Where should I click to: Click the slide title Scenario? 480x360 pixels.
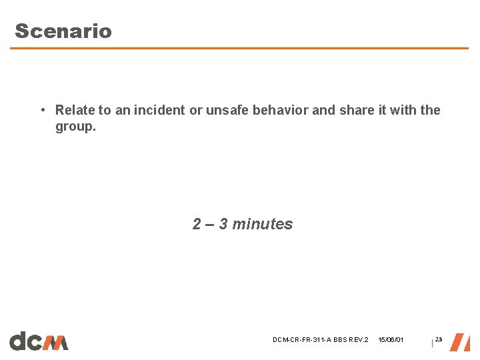point(63,31)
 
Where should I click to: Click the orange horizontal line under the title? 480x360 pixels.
point(239,48)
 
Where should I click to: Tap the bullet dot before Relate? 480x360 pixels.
point(42,110)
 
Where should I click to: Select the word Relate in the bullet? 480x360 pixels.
point(74,110)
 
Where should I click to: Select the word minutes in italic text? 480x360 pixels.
point(263,224)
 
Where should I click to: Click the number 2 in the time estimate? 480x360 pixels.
point(197,224)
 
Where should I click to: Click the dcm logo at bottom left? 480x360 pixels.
point(39,341)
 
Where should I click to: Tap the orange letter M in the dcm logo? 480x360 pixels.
point(57,342)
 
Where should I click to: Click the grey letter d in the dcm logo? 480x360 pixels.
point(19,341)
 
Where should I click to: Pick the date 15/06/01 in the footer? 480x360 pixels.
point(391,340)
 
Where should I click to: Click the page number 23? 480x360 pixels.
point(439,340)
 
